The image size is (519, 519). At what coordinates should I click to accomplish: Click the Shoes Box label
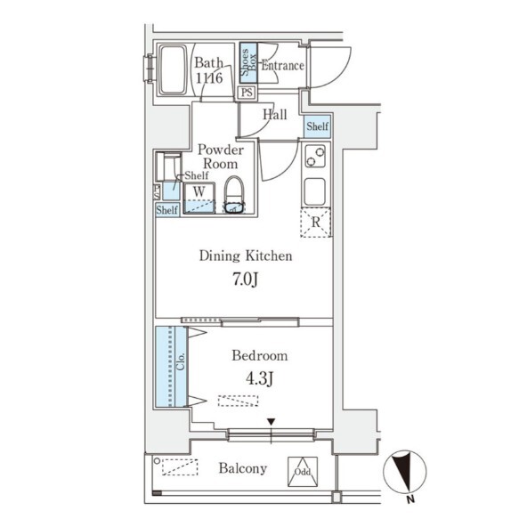tap(248, 63)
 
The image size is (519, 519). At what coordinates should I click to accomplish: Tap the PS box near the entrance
tap(247, 92)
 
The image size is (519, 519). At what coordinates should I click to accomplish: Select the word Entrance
tap(282, 66)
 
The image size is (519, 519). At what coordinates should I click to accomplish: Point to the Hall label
tap(275, 115)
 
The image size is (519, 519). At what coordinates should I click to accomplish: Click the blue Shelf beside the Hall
tap(318, 126)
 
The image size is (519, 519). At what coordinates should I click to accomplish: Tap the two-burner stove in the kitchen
tap(315, 157)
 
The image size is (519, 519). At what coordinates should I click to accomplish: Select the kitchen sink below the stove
tap(315, 191)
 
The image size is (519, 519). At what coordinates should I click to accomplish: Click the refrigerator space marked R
tap(316, 222)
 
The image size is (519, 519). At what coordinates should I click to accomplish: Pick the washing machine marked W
tap(199, 198)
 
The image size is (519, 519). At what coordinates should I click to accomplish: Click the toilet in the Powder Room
tap(234, 195)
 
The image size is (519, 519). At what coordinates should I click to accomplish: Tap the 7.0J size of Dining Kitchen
tap(245, 280)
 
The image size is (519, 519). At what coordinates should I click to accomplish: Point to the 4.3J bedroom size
tap(259, 378)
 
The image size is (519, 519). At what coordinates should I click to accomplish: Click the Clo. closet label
tap(181, 361)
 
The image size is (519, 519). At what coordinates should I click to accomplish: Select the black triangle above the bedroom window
tap(272, 422)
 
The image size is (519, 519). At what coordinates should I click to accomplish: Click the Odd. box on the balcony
tap(303, 472)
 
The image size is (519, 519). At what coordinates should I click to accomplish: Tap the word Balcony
tap(243, 468)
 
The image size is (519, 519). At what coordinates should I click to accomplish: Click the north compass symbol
tap(404, 471)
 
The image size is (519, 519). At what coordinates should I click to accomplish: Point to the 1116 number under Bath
tap(209, 78)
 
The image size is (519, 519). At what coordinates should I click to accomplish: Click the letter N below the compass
tap(410, 499)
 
